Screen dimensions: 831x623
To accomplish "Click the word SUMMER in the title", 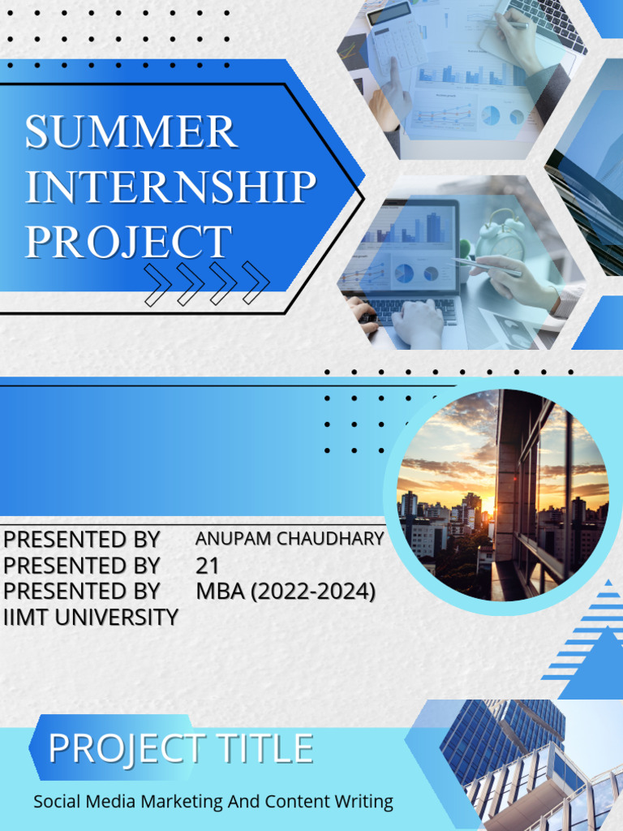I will tap(131, 132).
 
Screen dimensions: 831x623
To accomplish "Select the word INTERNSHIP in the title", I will tap(170, 187).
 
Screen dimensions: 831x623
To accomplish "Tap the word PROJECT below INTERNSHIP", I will tap(128, 242).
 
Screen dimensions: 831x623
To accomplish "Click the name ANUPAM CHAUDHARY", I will tap(290, 538).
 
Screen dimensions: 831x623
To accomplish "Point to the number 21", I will tap(208, 566).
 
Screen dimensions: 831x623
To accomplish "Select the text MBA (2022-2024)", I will tap(286, 592).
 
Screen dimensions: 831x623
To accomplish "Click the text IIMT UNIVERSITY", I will tap(91, 617).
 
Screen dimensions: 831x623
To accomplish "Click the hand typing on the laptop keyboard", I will tap(419, 321).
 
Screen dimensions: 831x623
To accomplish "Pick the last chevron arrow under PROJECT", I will tap(256, 283).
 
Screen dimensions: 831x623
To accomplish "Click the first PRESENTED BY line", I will tap(82, 540).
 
